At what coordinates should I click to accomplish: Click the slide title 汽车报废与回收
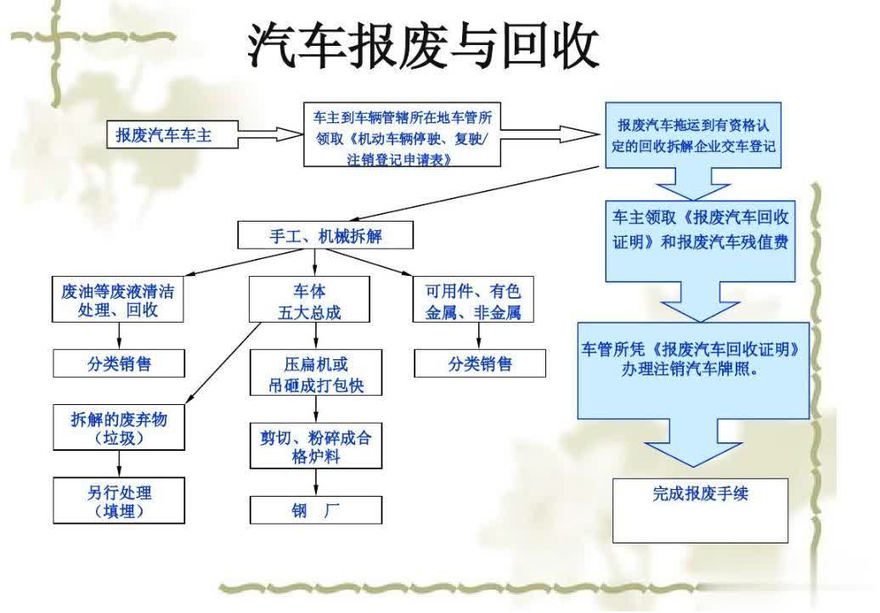click(x=423, y=46)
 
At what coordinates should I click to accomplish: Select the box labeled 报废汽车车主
click(x=172, y=135)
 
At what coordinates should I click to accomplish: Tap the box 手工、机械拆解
click(x=325, y=235)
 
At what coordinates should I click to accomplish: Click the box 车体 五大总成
click(x=309, y=299)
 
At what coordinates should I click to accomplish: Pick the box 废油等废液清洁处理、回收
click(x=118, y=299)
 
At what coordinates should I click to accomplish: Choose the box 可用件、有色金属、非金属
click(x=473, y=299)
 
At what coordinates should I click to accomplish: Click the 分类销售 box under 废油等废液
click(x=119, y=363)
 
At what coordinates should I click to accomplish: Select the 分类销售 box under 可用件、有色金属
click(x=480, y=363)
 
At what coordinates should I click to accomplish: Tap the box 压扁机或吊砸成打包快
click(x=316, y=373)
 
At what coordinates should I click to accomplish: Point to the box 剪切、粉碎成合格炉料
click(x=316, y=446)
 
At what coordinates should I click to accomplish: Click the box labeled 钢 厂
click(x=316, y=509)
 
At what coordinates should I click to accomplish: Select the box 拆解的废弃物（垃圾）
click(x=119, y=427)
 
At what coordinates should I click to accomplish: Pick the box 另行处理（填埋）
click(x=119, y=500)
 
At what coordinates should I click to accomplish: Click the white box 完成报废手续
click(x=701, y=510)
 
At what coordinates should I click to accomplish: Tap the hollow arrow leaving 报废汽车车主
click(x=270, y=135)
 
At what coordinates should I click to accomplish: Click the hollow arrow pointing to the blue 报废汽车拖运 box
click(x=550, y=135)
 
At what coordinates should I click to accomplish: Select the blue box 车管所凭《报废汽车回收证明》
click(x=694, y=370)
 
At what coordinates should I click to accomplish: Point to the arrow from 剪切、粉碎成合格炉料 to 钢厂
click(x=316, y=482)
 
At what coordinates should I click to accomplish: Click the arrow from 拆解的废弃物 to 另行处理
click(x=119, y=464)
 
